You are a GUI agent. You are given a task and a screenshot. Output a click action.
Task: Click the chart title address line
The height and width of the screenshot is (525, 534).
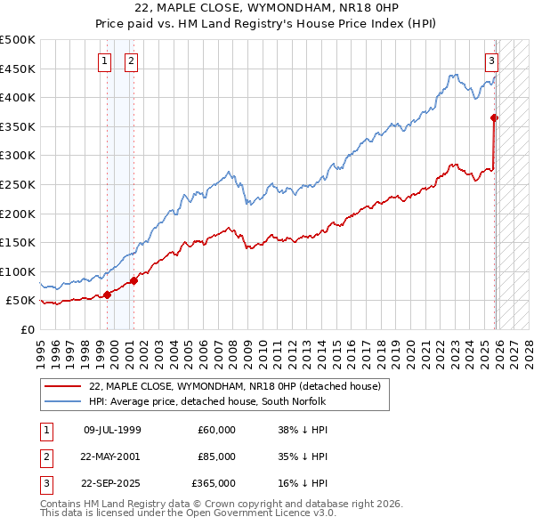click(x=267, y=7)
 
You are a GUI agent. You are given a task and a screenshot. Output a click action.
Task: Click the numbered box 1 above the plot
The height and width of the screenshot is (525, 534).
click(x=105, y=61)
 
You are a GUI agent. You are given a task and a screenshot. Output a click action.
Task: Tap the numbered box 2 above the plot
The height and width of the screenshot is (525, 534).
click(x=131, y=61)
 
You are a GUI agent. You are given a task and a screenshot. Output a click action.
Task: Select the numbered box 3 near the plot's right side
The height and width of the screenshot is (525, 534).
click(x=491, y=61)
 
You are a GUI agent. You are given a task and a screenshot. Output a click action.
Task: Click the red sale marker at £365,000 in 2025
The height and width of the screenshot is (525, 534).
click(x=495, y=117)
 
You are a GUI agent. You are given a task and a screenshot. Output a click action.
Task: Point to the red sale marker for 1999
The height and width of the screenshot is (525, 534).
click(x=107, y=295)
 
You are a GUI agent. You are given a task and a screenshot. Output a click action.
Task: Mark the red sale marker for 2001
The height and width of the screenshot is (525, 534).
click(x=134, y=280)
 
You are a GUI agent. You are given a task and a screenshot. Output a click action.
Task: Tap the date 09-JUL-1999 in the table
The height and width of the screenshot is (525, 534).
click(x=112, y=430)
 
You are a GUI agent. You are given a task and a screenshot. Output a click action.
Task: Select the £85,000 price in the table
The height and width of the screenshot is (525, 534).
click(x=216, y=456)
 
